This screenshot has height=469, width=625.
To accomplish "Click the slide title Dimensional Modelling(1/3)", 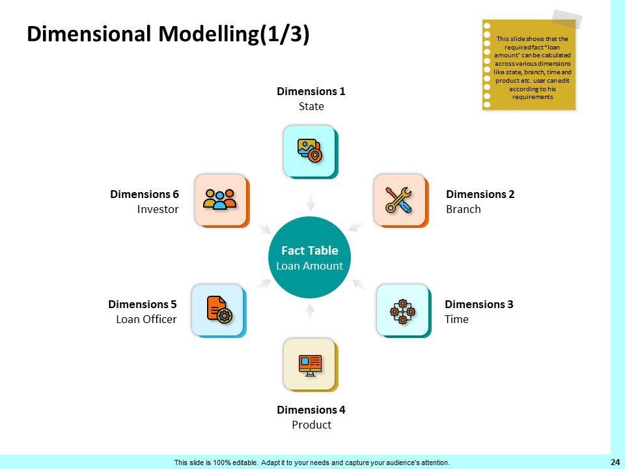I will click(x=168, y=34).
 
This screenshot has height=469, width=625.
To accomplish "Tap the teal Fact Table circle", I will click(x=310, y=257).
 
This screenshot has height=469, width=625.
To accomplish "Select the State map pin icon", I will click(x=309, y=150).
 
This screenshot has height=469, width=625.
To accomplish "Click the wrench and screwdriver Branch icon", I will click(x=398, y=199).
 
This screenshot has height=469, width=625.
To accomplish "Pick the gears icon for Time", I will click(x=402, y=310).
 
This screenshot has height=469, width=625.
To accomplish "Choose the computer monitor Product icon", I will click(x=310, y=364).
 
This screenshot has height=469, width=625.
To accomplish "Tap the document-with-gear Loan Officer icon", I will click(x=218, y=309).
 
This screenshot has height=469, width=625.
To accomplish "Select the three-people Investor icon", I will click(x=220, y=199).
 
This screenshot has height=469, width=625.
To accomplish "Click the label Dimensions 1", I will click(x=311, y=91).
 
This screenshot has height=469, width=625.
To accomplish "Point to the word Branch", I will click(x=464, y=209).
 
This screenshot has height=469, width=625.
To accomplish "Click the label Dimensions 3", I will click(x=479, y=304).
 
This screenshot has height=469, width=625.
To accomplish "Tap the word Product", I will click(x=311, y=425).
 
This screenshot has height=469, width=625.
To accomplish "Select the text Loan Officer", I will click(x=146, y=319).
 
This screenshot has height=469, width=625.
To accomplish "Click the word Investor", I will click(x=158, y=209).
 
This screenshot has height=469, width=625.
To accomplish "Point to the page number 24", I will click(x=615, y=462).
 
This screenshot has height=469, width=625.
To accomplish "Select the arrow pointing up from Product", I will click(x=310, y=312).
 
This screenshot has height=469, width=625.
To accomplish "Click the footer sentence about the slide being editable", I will click(x=311, y=462).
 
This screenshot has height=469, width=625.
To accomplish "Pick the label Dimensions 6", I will click(x=145, y=194).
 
